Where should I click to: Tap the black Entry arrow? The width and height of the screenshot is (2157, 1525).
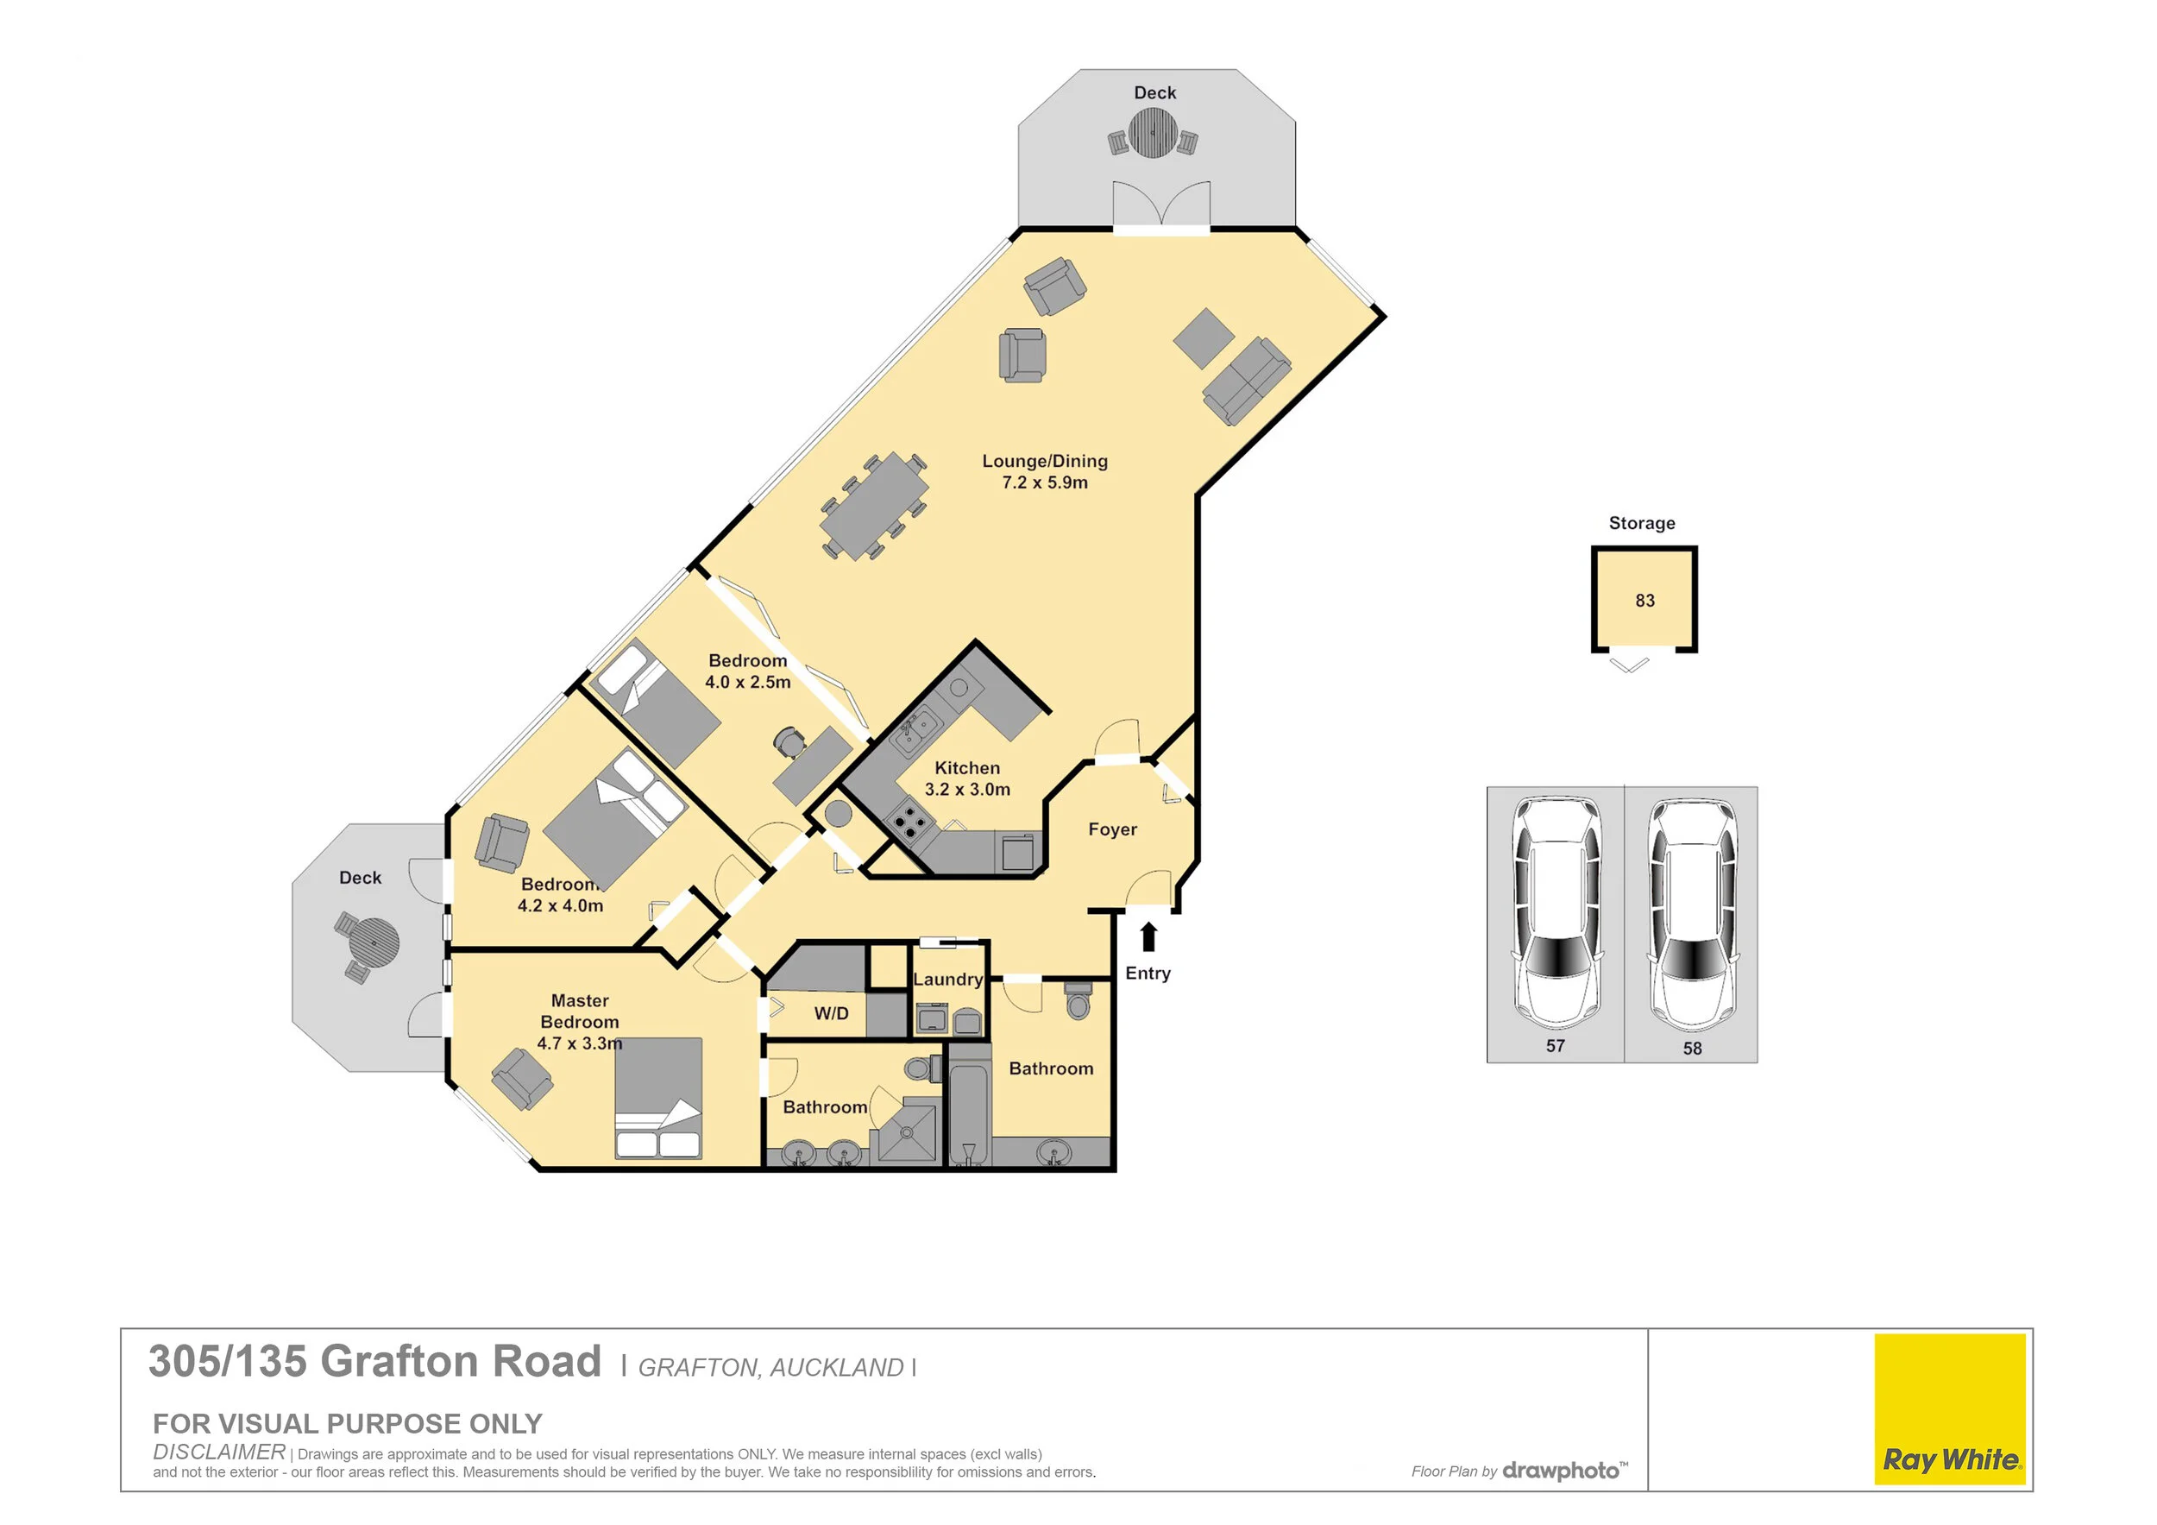(x=1148, y=936)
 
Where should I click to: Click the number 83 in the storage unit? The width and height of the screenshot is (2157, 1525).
(x=1645, y=601)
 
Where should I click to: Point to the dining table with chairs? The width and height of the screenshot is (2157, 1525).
(x=874, y=507)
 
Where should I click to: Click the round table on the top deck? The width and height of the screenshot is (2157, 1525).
(x=1153, y=133)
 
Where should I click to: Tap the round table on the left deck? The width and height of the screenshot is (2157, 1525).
(x=373, y=942)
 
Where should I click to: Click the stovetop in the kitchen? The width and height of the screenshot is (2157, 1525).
(x=909, y=824)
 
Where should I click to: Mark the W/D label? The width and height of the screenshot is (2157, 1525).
(x=831, y=1013)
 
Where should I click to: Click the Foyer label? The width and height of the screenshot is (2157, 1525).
(x=1112, y=829)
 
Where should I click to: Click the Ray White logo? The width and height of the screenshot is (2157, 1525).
(x=1950, y=1408)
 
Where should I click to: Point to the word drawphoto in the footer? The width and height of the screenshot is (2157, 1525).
(x=1561, y=1471)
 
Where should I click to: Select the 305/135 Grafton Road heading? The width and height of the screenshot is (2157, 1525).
(x=374, y=1362)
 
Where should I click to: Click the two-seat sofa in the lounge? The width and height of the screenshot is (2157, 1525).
(x=1247, y=381)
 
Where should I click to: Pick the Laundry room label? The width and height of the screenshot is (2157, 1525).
(x=948, y=979)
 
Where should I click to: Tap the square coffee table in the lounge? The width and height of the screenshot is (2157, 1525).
(x=1204, y=337)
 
